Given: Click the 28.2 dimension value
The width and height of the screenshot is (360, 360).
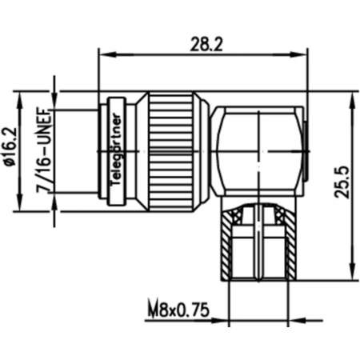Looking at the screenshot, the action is point(206,44).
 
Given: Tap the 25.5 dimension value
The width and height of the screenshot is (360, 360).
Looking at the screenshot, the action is point(342,182).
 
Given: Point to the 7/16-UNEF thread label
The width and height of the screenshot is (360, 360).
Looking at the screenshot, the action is point(44,150).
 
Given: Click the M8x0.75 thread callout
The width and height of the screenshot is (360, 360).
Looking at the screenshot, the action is point(178,310).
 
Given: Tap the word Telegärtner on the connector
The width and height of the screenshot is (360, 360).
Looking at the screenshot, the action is point(116,150).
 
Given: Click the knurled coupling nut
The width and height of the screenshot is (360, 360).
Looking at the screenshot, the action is point(170,152).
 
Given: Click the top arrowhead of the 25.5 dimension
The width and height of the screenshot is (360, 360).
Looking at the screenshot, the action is point(353,101).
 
